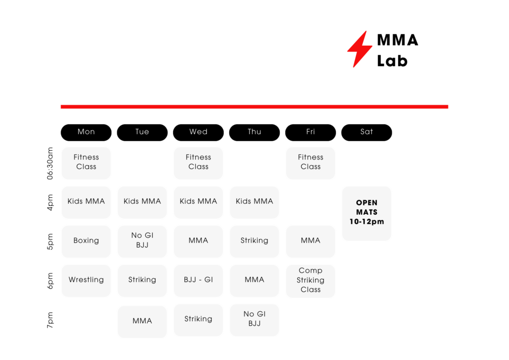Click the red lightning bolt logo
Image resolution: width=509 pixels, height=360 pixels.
pyautogui.click(x=359, y=49)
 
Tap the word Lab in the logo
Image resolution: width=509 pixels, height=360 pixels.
pyautogui.click(x=392, y=61)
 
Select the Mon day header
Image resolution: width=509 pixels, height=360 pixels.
pyautogui.click(x=86, y=132)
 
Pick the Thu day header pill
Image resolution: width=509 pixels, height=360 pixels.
pyautogui.click(x=254, y=132)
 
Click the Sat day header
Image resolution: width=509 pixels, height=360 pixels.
pyautogui.click(x=366, y=132)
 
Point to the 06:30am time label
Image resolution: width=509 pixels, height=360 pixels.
pyautogui.click(x=51, y=163)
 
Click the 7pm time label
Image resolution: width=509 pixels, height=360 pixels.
pyautogui.click(x=51, y=320)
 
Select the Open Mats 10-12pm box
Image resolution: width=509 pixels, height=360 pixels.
pyautogui.click(x=366, y=213)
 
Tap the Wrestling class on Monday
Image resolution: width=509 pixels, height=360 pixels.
pyautogui.click(x=86, y=280)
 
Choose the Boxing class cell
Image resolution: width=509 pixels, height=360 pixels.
pyautogui.click(x=86, y=241)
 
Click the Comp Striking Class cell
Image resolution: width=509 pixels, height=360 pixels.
pyautogui.click(x=310, y=280)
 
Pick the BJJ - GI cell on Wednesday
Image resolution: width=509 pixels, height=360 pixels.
pyautogui.click(x=198, y=280)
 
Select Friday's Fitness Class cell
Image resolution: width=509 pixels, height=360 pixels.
pyautogui.click(x=310, y=163)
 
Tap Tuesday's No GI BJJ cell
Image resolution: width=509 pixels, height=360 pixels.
pyautogui.click(x=142, y=241)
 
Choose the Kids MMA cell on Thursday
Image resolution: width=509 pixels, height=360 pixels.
pyautogui.click(x=254, y=202)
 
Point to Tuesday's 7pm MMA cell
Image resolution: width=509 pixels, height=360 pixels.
pyautogui.click(x=142, y=321)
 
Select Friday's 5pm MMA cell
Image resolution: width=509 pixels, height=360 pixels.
pyautogui.click(x=310, y=241)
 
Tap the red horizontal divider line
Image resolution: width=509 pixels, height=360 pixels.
pyautogui.click(x=254, y=106)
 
